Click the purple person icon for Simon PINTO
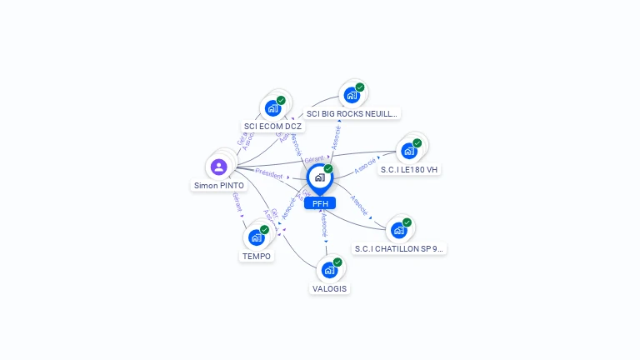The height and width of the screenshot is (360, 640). coord(219,167)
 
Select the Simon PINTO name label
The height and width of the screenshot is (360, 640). coord(219,185)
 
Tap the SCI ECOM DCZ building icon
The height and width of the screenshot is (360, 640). coord(272,108)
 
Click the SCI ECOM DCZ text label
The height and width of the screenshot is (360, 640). coord(272,127)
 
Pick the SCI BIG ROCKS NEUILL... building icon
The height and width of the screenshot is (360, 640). coord(351,95)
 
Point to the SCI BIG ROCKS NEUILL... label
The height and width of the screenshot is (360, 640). coord(352,113)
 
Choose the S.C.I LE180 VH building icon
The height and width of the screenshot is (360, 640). coord(408,151)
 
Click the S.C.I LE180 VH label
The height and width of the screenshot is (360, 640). coord(409,169)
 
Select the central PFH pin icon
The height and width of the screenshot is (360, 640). coord(318,177)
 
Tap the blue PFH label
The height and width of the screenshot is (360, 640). coord(320,203)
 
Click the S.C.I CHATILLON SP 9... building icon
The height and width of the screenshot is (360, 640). coord(398,230)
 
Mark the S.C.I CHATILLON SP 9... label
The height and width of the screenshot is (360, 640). coord(399,248)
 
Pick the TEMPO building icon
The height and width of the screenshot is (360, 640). coord(256,237)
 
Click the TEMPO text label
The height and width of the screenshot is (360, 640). coord(257,256)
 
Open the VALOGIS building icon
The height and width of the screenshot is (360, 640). coord(329,270)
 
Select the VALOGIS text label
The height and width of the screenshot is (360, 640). coord(330,288)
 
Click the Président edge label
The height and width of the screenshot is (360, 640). coord(269,173)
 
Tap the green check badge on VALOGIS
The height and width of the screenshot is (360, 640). coord(337,262)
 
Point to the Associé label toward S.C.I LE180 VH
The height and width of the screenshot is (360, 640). coord(365,167)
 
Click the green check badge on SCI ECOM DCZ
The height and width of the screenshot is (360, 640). coord(281,100)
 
